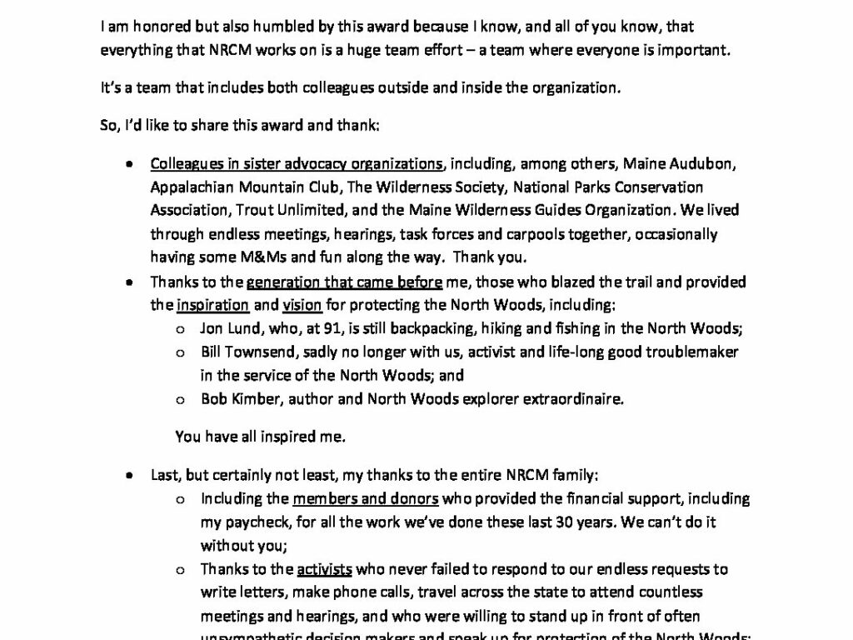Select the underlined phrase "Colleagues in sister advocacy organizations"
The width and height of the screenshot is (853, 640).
click(297, 163)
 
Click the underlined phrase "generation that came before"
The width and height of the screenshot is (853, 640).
click(344, 282)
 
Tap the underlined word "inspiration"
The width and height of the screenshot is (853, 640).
click(212, 305)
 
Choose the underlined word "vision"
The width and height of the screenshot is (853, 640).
click(302, 305)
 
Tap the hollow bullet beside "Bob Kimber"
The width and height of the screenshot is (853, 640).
click(179, 399)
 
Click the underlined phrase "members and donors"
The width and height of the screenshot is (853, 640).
click(366, 499)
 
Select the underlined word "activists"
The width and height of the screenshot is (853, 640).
click(324, 570)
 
